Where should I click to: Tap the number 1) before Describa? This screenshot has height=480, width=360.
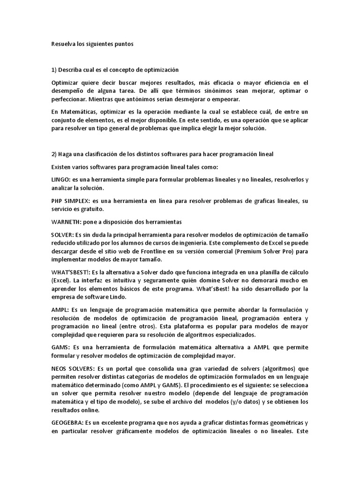click(x=54, y=70)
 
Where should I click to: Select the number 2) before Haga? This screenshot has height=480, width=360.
click(x=54, y=154)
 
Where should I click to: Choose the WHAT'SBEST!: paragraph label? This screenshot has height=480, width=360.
click(x=71, y=272)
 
